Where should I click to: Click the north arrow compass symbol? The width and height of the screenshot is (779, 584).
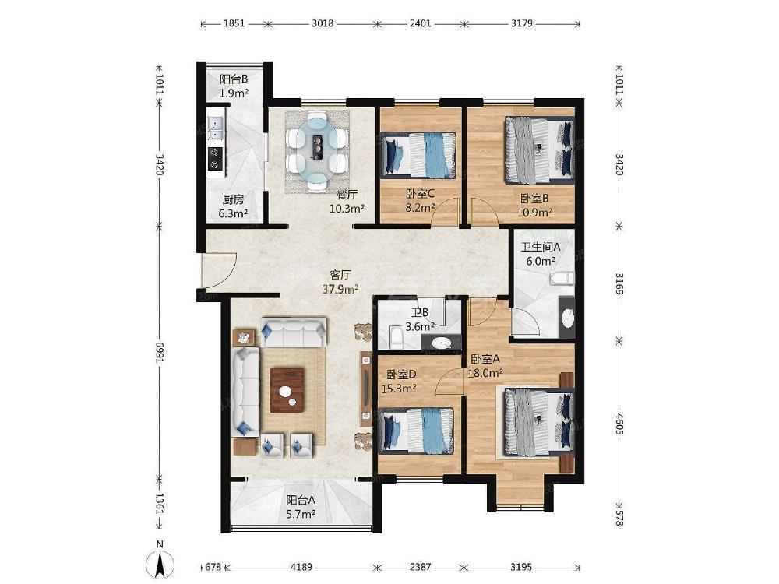[160, 565]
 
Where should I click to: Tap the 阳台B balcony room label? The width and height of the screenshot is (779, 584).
[234, 79]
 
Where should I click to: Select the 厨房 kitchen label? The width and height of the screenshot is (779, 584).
[233, 199]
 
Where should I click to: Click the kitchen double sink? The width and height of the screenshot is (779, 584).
[216, 128]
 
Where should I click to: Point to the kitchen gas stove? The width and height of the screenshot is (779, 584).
[216, 158]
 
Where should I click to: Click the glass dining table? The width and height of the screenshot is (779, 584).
[317, 152]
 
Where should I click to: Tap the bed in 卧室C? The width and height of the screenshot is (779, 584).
[419, 154]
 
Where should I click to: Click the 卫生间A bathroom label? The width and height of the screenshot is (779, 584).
[541, 246]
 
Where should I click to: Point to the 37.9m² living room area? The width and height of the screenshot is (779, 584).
[341, 289]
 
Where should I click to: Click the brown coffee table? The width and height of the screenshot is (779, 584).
[287, 390]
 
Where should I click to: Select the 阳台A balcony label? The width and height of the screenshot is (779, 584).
[301, 501]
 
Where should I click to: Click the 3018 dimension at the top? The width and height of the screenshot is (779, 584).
[323, 23]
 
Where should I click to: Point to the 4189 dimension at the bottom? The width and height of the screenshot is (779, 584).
[301, 567]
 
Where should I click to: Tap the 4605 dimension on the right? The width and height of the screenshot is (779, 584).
[619, 424]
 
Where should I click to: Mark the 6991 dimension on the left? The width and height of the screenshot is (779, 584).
[160, 353]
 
